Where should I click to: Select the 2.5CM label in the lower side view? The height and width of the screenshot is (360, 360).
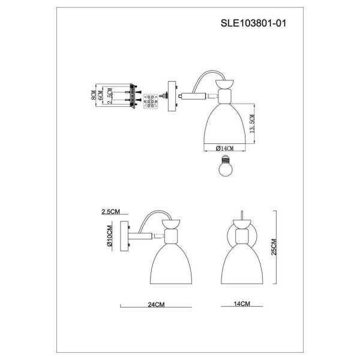[x=112, y=212]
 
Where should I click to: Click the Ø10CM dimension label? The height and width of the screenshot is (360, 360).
[x=110, y=238]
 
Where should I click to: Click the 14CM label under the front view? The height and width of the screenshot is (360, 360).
[x=241, y=305]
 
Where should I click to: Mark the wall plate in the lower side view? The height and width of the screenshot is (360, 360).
[x=126, y=238]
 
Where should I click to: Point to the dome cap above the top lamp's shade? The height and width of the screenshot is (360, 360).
[x=225, y=85]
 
